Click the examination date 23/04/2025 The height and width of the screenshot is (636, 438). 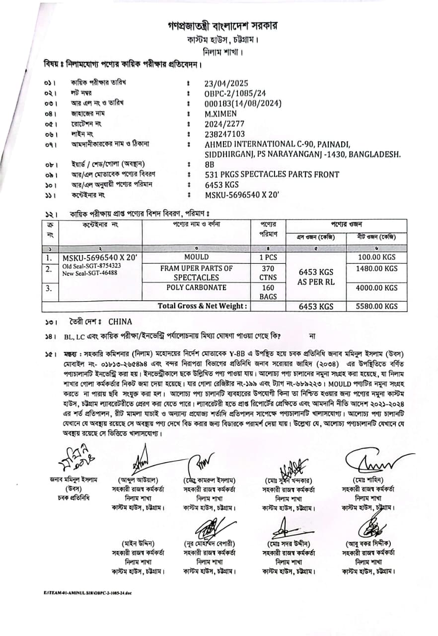pyautogui.click(x=226, y=83)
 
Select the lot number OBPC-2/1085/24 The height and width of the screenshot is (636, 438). pyautogui.click(x=235, y=93)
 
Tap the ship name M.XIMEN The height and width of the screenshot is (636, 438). pyautogui.click(x=220, y=113)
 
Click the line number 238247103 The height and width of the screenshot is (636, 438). pyautogui.click(x=225, y=134)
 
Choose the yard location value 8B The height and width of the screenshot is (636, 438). pyautogui.click(x=209, y=164)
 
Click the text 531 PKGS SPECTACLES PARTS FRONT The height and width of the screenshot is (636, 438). pyautogui.click(x=272, y=174)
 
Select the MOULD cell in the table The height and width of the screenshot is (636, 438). pyautogui.click(x=196, y=258)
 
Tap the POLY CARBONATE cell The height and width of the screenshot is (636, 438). pyautogui.click(x=196, y=288)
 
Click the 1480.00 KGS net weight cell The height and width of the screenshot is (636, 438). pyautogui.click(x=377, y=269)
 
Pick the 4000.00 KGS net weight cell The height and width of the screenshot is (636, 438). pyautogui.click(x=377, y=288)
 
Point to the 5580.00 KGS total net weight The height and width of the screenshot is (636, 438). pyautogui.click(x=377, y=307)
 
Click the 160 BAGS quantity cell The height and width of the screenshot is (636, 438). pyautogui.click(x=268, y=292)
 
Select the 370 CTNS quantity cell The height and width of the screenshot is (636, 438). pyautogui.click(x=268, y=273)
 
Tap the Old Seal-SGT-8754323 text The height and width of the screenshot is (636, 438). pyautogui.click(x=92, y=266)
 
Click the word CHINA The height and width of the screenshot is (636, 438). pyautogui.click(x=120, y=321)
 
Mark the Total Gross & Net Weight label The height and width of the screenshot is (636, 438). pyautogui.click(x=202, y=306)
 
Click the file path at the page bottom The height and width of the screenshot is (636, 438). pyautogui.click(x=88, y=593)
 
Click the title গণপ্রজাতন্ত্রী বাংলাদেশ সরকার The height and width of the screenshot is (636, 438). pyautogui.click(x=222, y=25)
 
